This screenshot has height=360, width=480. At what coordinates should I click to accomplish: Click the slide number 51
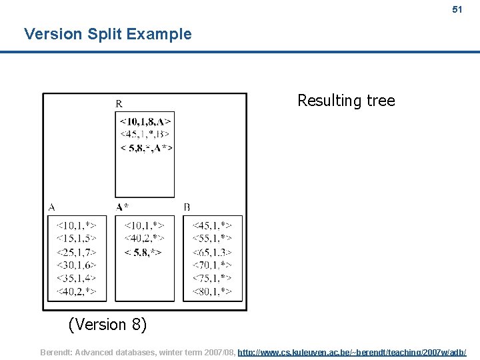point(457,9)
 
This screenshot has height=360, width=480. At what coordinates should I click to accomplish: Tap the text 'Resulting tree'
point(346,101)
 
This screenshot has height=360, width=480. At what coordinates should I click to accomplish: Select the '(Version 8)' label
point(107,325)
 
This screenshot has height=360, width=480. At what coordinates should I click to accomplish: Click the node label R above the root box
point(119,103)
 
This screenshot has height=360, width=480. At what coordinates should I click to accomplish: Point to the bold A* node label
point(123,207)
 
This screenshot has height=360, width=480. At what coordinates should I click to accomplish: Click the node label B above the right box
point(187,207)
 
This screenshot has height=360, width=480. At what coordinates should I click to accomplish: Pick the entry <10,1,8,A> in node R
point(145,121)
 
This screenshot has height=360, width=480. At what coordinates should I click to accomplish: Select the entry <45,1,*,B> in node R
point(145,134)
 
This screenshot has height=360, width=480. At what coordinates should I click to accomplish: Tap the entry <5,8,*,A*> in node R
point(145,147)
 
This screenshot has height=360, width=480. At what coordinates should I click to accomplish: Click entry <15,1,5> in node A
point(76,238)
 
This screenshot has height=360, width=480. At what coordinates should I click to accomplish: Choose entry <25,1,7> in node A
point(76,252)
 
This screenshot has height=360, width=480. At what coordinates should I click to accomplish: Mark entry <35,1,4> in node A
point(76,278)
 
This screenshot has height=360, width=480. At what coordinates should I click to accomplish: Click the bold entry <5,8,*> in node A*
point(143,252)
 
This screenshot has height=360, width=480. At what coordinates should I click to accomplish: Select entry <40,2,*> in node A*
point(144,238)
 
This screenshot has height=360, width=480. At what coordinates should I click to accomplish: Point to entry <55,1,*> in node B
point(212,238)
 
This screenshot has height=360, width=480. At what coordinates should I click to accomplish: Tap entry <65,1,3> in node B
point(212,252)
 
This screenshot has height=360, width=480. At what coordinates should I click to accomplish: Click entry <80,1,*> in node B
point(212,291)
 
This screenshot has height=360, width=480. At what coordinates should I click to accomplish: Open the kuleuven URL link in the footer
point(352,351)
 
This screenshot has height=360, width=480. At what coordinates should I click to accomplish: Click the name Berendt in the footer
point(58,351)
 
